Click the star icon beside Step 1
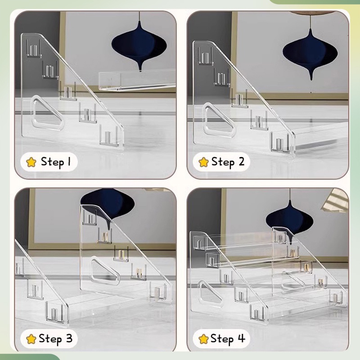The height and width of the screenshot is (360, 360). (x=31, y=162)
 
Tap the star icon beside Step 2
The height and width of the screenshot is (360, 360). (x=203, y=162)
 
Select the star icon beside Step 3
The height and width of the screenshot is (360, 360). (x=31, y=339)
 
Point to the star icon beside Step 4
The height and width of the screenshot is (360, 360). (x=203, y=339)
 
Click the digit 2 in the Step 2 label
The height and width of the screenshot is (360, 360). (x=241, y=162)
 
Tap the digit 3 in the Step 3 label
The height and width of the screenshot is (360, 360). (x=69, y=338)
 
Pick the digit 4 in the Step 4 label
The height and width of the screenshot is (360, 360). (x=242, y=338)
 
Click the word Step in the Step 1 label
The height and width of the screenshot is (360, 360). (x=52, y=162)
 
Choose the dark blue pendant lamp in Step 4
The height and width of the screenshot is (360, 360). (x=290, y=218)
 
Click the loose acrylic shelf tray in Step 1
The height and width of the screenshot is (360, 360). (x=137, y=81)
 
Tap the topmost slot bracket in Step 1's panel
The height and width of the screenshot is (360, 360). (x=33, y=48)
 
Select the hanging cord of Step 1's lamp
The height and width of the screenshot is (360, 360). (x=139, y=16)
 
